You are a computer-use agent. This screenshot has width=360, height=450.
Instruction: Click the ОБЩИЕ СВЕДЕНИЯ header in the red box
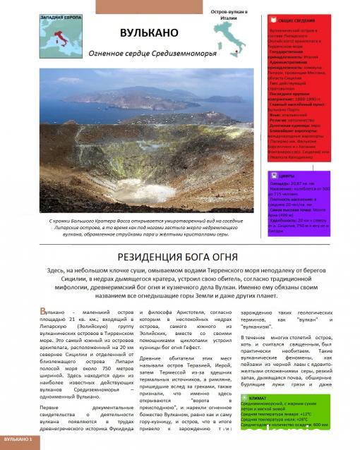click(x=292, y=21)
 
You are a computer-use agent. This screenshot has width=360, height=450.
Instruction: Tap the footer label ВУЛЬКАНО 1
click(x=18, y=439)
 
